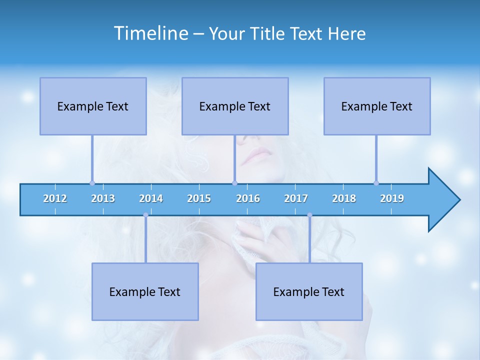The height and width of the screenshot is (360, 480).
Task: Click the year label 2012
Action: tap(55, 198)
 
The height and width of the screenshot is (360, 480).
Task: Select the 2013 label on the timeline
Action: tap(103, 198)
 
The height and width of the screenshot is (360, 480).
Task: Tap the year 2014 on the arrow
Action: tap(151, 198)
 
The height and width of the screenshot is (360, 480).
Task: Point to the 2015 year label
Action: tap(199, 198)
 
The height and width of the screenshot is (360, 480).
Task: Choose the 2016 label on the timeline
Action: tap(248, 198)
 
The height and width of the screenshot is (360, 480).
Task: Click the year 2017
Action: tap(296, 198)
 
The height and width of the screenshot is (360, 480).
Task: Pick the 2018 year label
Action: tap(344, 198)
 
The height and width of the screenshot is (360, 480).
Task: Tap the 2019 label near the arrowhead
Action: tap(392, 198)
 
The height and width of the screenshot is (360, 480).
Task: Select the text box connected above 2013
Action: tap(93, 106)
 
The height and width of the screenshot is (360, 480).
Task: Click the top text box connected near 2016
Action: tap(235, 106)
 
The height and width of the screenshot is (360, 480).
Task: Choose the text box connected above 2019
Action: tap(377, 106)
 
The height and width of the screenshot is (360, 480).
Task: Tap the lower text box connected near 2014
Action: tap(145, 291)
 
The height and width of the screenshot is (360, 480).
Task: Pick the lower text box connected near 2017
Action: tap(309, 291)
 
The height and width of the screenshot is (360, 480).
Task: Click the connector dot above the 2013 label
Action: tap(92, 183)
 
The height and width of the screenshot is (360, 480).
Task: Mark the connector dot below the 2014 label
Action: tap(145, 215)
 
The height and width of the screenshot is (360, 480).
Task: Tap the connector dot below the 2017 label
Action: tap(309, 215)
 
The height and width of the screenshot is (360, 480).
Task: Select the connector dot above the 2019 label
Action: tap(376, 183)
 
